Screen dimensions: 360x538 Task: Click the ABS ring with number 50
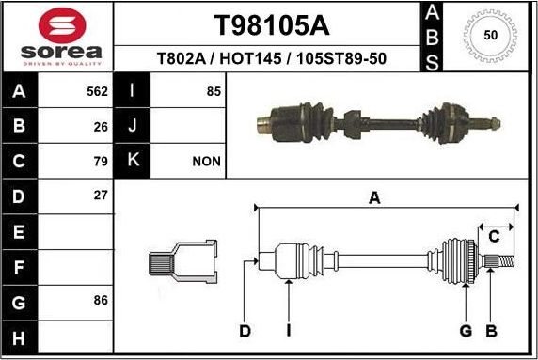click(490, 35)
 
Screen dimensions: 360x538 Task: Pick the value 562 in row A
click(97, 91)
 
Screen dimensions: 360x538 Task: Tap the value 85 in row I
click(213, 91)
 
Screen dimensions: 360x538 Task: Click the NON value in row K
click(206, 161)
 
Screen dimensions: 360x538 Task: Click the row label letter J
click(133, 126)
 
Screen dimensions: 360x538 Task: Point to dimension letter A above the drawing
click(373, 197)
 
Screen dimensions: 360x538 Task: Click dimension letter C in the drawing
click(493, 236)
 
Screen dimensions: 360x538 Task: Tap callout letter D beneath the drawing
click(245, 330)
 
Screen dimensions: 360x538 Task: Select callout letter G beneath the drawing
click(465, 330)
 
